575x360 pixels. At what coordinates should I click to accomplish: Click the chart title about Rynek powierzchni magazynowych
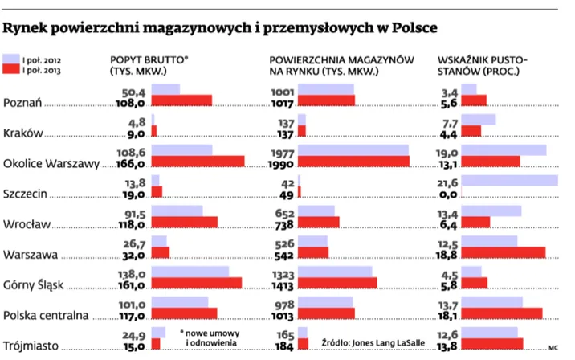[221, 28]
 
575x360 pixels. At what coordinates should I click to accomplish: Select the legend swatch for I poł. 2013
[11, 71]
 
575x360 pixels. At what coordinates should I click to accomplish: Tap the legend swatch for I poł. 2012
[11, 59]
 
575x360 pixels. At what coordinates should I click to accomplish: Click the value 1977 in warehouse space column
[282, 152]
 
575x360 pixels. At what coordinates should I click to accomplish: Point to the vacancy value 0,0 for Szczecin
[448, 194]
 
